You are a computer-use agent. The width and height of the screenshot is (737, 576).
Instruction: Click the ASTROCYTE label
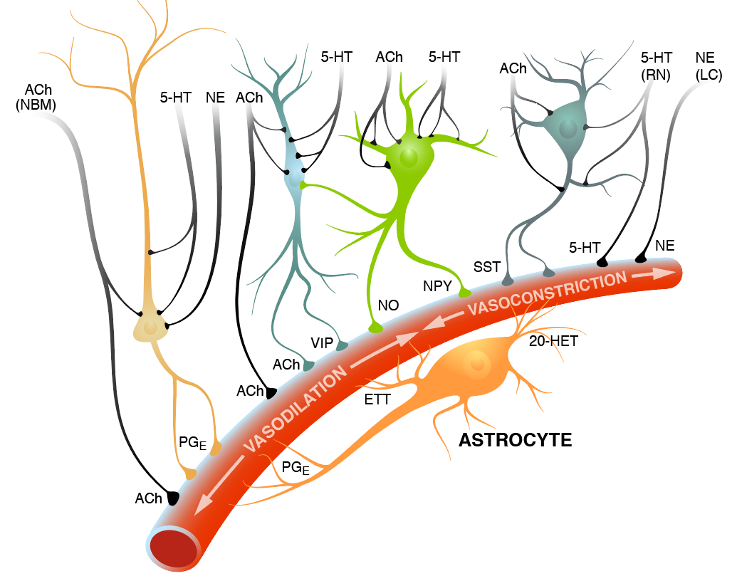click(x=515, y=439)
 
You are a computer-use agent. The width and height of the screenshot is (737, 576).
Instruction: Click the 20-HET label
click(x=553, y=341)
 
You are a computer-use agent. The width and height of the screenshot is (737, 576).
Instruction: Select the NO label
click(x=388, y=305)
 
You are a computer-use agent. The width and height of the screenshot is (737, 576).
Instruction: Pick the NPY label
click(x=438, y=287)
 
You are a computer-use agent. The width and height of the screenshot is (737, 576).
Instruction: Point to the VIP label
click(x=323, y=342)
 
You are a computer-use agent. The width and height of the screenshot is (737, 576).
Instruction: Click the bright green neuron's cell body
click(x=409, y=158)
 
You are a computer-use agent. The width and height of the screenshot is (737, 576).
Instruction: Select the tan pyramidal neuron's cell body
click(x=150, y=326)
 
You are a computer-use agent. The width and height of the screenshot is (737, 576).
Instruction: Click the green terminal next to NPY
click(x=466, y=292)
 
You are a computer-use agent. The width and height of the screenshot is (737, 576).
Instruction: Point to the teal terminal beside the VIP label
click(x=342, y=345)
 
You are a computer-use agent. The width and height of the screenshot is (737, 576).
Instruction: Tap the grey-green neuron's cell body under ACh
click(x=568, y=128)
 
